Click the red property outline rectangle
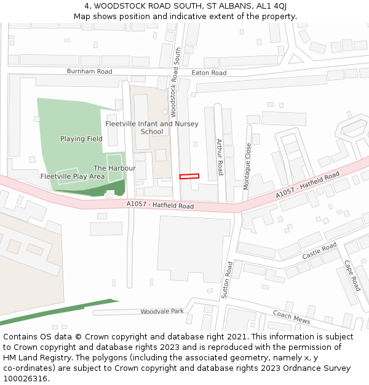189,176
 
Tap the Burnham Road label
89,71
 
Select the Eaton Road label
209,73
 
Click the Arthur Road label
220,156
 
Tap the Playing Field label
81,139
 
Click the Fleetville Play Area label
73,176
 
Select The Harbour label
106,168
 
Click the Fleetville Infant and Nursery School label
152,128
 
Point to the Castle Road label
319,251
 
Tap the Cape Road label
352,275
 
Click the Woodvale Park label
162,312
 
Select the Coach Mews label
291,317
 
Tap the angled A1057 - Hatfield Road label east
307,185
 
